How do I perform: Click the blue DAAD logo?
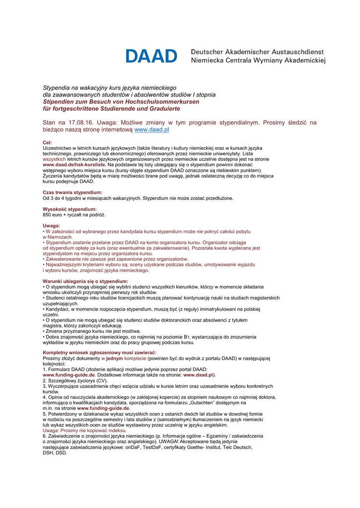[151, 56]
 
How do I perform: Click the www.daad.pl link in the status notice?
[152, 130]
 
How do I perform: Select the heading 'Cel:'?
[48, 143]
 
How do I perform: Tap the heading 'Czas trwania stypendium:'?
[72, 192]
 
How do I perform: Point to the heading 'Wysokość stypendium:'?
[70, 209]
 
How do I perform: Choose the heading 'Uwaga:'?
[52, 226]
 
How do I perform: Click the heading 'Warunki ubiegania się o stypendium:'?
[85, 281]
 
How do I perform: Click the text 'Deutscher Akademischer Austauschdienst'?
[257, 52]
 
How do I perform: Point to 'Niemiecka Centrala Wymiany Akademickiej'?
[258, 61]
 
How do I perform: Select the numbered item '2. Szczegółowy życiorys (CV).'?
[75, 381]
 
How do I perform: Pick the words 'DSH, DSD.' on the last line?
[55, 453]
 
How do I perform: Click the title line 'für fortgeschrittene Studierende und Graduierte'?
[111, 109]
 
